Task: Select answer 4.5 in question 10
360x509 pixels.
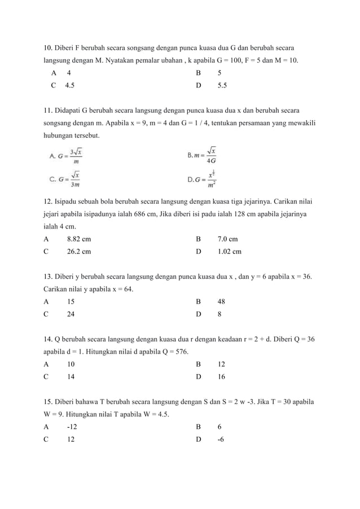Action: (69, 86)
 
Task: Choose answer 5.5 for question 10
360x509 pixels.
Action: (222, 86)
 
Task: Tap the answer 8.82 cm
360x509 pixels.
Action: (78, 239)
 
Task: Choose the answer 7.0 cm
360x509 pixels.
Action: (227, 239)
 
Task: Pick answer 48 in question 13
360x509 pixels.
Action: (222, 301)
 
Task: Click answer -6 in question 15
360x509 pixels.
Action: (221, 440)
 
